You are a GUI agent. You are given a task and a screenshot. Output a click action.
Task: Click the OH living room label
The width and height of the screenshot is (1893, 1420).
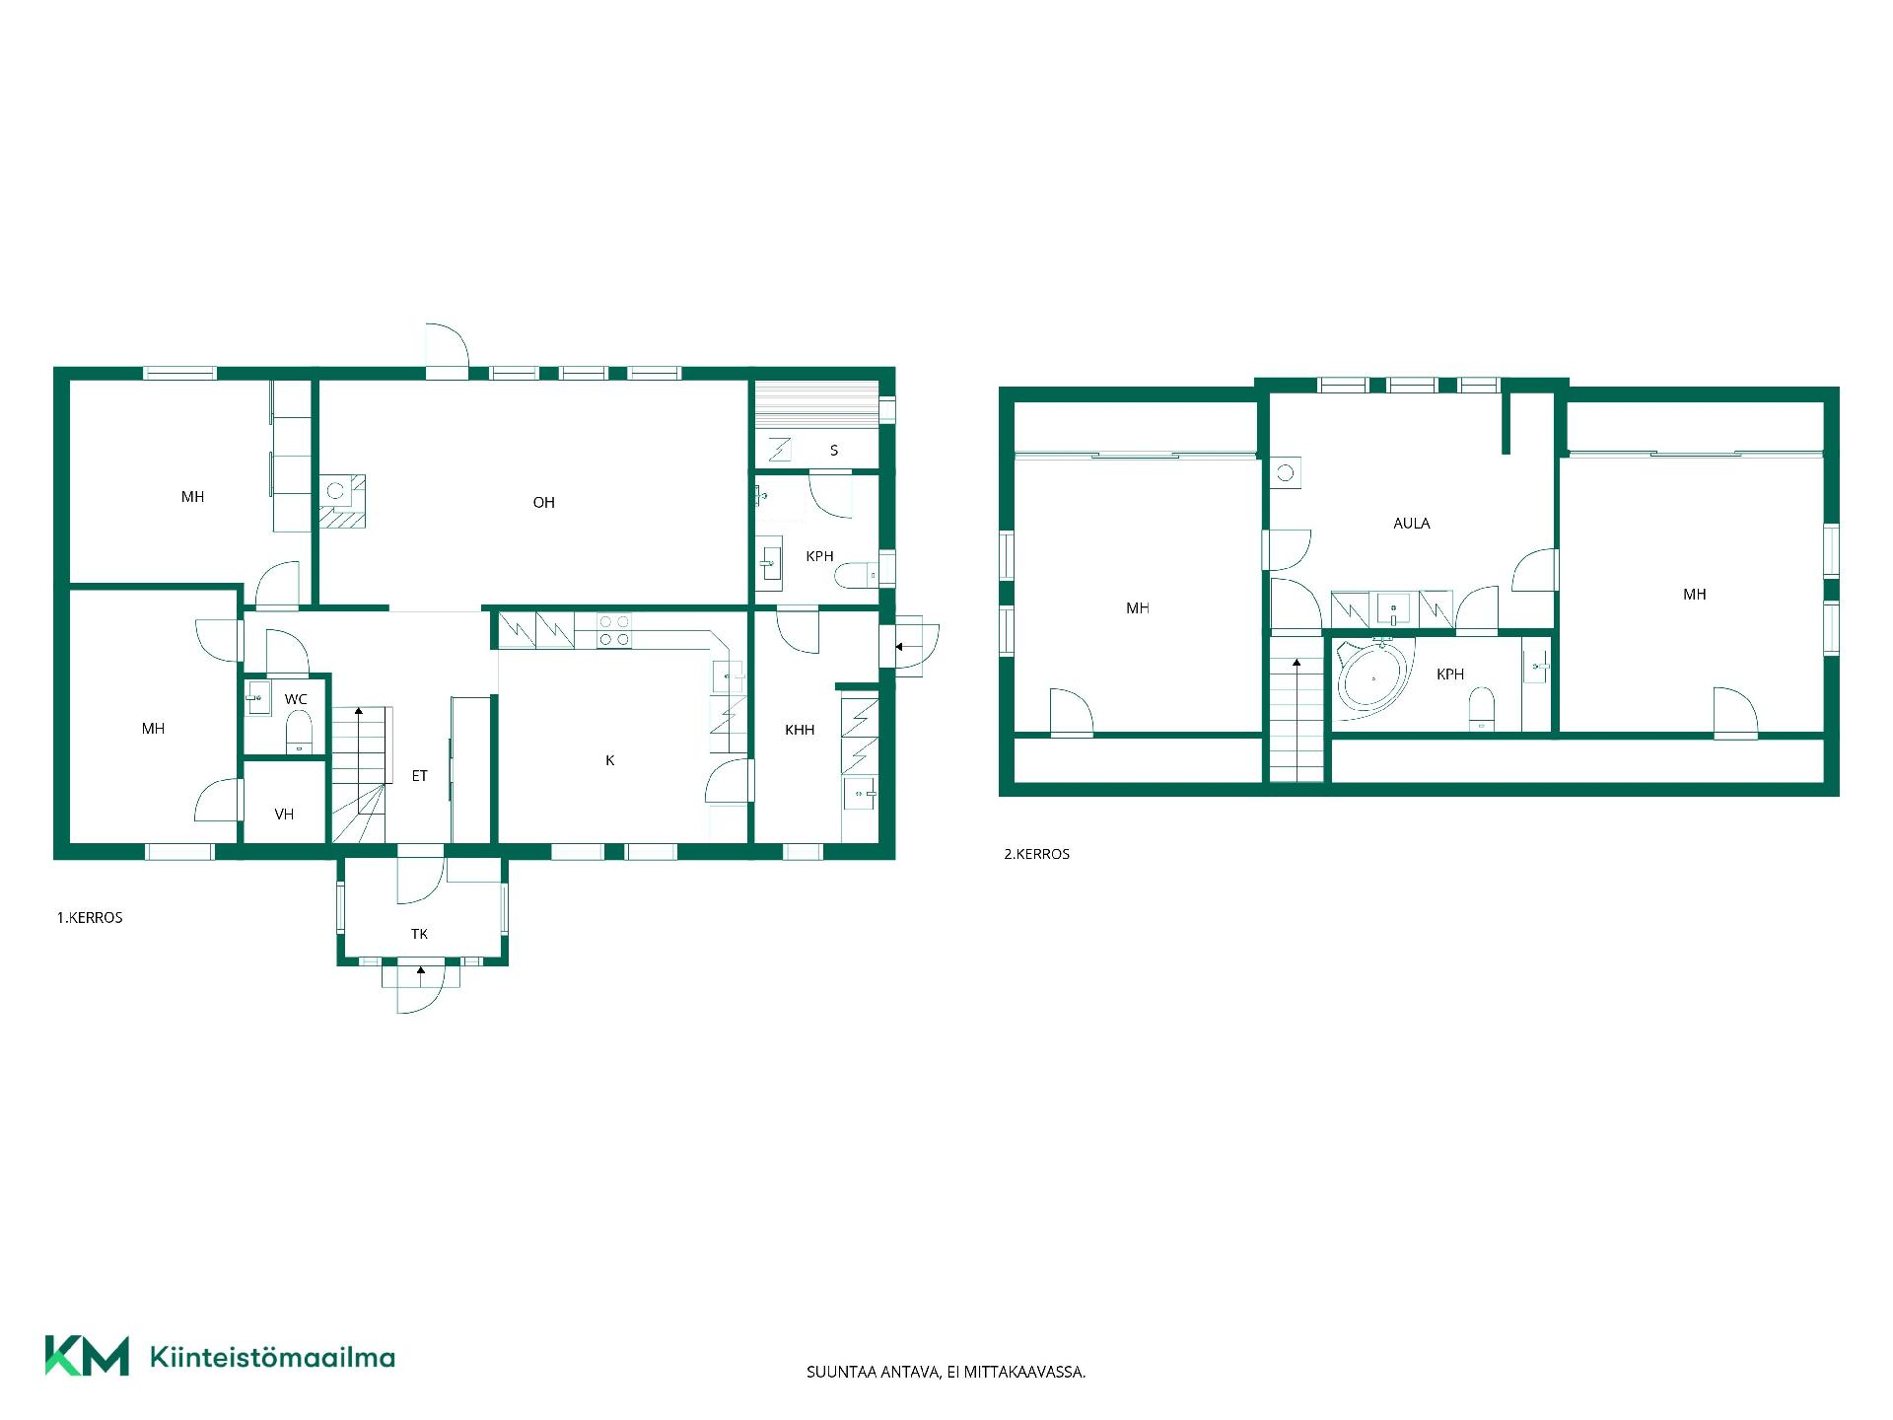click(543, 503)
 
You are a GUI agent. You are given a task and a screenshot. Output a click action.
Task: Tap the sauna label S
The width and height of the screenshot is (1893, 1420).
click(834, 451)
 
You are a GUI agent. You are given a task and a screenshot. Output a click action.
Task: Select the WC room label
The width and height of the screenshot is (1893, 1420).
click(296, 699)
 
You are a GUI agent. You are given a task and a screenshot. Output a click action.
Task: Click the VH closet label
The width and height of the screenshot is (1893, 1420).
click(284, 815)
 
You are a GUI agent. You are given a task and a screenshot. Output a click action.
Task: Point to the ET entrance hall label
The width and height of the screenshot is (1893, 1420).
click(420, 776)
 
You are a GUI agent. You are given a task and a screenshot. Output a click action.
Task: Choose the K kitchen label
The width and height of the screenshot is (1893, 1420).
click(610, 760)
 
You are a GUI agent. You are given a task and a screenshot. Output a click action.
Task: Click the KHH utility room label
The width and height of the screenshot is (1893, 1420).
click(800, 731)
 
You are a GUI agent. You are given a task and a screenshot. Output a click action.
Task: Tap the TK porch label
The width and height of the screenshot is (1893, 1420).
click(420, 934)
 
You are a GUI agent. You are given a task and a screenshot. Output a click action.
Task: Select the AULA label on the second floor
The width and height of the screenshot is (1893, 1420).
click(1412, 524)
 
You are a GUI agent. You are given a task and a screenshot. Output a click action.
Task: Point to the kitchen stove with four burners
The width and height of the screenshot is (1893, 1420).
click(614, 630)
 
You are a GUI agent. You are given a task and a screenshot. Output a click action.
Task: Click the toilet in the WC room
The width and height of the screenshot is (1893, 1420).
click(299, 733)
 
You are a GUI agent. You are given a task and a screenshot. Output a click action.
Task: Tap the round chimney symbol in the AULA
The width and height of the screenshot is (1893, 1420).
click(1285, 473)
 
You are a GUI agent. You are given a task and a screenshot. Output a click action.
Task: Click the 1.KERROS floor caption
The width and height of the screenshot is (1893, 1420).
click(90, 918)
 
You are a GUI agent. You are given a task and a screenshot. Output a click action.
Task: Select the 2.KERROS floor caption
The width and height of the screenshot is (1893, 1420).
click(1037, 854)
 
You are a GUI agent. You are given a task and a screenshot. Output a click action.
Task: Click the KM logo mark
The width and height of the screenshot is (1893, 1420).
click(87, 1356)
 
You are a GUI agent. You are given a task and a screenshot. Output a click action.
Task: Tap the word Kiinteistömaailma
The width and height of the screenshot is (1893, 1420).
click(272, 1357)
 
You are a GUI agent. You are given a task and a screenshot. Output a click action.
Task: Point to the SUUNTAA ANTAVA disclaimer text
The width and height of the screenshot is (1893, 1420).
click(946, 1372)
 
